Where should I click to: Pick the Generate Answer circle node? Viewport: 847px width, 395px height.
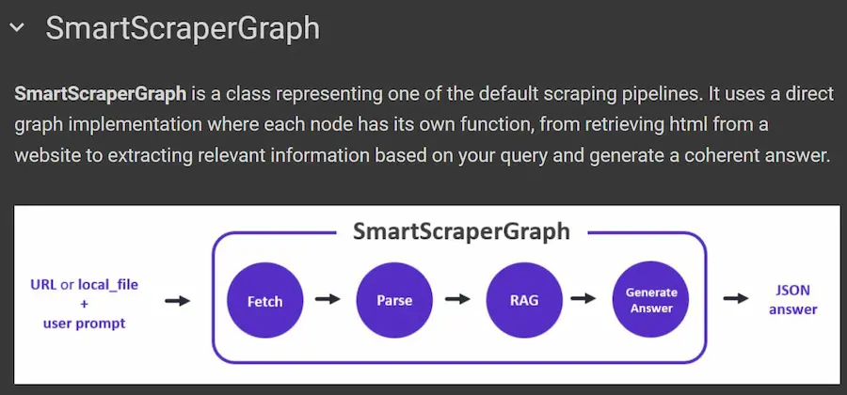tap(650, 301)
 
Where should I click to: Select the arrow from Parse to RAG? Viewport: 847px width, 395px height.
tap(457, 300)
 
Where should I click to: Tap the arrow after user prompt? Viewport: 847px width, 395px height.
tap(177, 301)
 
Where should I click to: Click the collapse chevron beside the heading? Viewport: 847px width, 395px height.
tap(16, 28)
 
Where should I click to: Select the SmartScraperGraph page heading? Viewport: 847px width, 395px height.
tap(183, 28)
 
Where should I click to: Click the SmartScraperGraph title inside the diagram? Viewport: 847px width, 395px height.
tap(460, 230)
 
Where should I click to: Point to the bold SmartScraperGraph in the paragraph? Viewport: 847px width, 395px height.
tap(101, 94)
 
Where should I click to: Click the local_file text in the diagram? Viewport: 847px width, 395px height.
tap(106, 284)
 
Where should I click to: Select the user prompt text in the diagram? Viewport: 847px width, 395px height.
tap(84, 324)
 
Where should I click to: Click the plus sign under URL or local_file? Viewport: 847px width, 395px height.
tap(84, 304)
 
